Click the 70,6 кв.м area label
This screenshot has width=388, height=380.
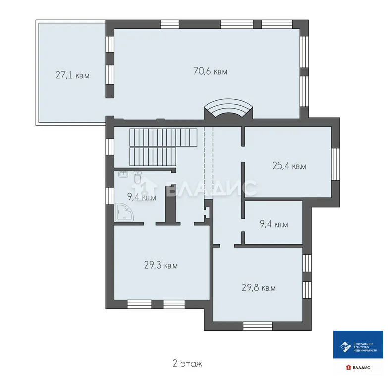pos(210,71)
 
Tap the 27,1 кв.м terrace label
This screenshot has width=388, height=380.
pos(72,75)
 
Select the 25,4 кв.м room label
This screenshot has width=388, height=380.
pos(289,166)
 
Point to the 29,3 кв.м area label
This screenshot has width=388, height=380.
pos(161,266)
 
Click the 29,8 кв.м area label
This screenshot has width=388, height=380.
pos(259,288)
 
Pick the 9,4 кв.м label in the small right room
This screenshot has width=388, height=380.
pos(274,224)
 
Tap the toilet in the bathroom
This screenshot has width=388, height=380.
pos(138,177)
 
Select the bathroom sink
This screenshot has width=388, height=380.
pos(123,174)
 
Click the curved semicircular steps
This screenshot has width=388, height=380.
pos(228,109)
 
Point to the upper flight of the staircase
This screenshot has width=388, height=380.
pos(163,135)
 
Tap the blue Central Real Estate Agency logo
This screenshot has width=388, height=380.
pos(358,344)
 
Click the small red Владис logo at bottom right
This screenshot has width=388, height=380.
pos(357,368)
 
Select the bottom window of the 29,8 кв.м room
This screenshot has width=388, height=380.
pos(258,325)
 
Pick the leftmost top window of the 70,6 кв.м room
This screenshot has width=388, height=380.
pos(169,23)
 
